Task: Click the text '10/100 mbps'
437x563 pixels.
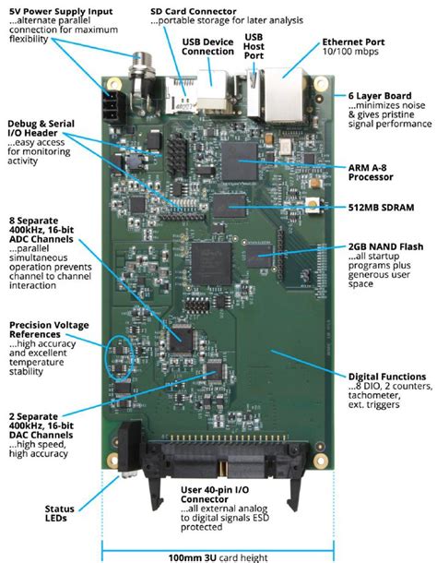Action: (x=350, y=54)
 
